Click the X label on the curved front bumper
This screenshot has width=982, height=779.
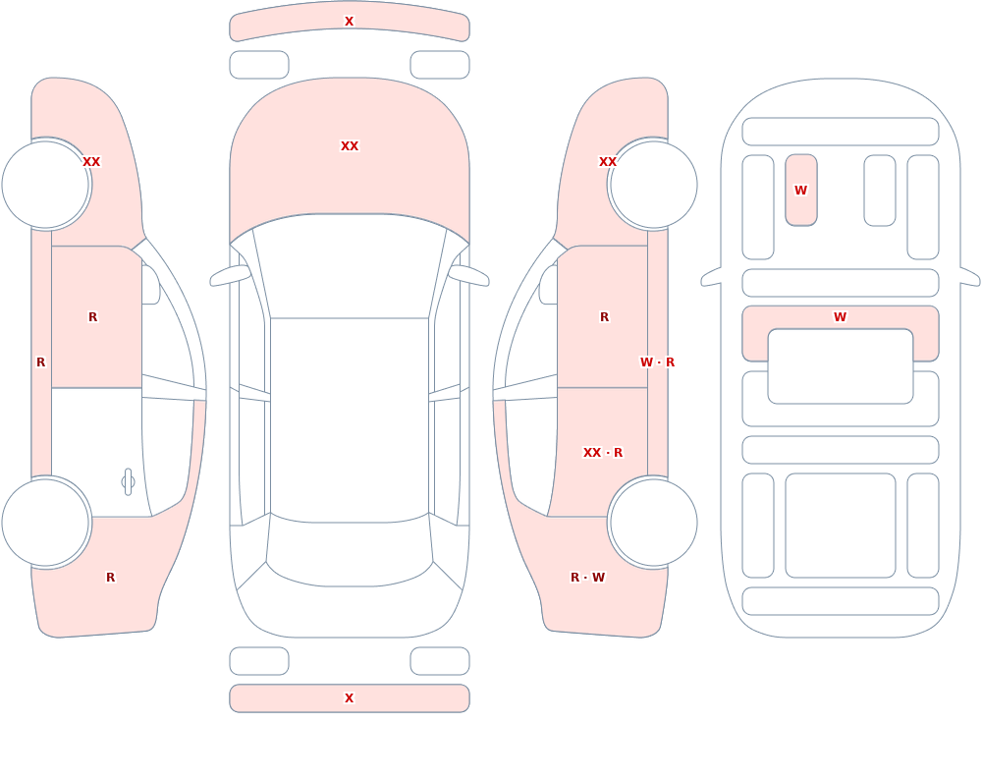click(x=349, y=22)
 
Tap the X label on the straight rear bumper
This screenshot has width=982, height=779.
click(x=349, y=698)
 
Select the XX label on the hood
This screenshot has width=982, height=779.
click(x=350, y=146)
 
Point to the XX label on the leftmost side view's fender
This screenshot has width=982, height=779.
click(x=91, y=162)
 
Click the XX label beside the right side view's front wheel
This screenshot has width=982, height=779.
click(x=608, y=162)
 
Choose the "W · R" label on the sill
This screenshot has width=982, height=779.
click(x=658, y=362)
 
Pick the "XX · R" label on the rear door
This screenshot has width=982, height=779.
click(x=603, y=453)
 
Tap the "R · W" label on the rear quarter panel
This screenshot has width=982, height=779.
click(x=587, y=578)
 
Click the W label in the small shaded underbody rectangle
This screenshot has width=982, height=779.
click(x=801, y=190)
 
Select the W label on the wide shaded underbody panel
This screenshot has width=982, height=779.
click(x=841, y=317)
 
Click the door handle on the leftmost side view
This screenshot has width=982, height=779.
click(x=128, y=482)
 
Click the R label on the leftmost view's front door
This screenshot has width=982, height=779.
click(x=92, y=317)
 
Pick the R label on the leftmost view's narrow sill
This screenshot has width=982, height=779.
click(x=40, y=362)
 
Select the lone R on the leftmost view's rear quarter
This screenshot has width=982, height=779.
click(x=110, y=578)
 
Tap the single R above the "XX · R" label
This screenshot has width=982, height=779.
click(x=604, y=317)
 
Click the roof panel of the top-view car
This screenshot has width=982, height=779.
click(x=350, y=419)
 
